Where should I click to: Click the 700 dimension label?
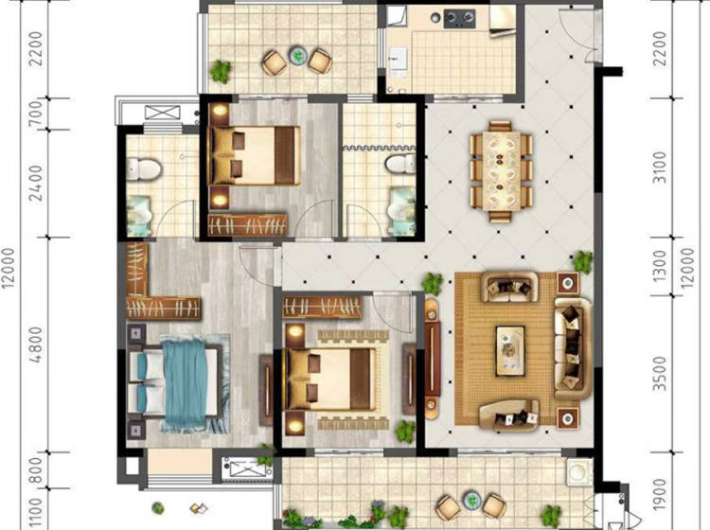[37, 114]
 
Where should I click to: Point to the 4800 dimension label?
[37, 344]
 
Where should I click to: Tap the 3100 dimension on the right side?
[661, 168]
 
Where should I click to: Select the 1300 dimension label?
[661, 267]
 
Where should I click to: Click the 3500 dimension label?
[661, 374]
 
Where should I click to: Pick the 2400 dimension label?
[37, 183]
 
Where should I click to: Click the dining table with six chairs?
[500, 171]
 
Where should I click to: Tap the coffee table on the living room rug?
[510, 351]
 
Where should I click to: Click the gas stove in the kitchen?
[459, 18]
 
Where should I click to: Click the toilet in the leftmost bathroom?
[144, 168]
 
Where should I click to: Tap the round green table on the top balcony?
[298, 56]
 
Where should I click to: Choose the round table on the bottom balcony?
[472, 500]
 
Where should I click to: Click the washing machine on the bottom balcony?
[579, 471]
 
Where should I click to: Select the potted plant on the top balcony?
[221, 72]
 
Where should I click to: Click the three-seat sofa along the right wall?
[573, 348]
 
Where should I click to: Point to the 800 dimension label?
[37, 469]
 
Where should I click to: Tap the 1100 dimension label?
[37, 514]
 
